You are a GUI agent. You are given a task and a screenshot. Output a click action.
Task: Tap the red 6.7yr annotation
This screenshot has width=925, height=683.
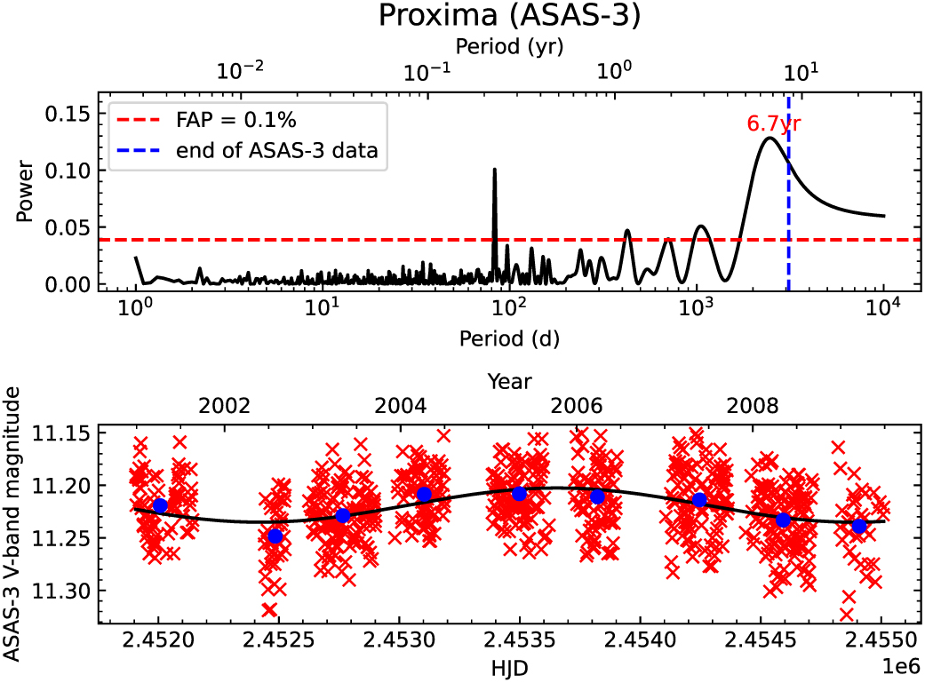[774, 123]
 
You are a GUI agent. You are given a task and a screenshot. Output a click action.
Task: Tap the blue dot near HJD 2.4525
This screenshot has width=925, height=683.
[275, 536]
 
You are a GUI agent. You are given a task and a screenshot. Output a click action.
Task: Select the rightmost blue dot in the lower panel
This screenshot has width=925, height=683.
[859, 526]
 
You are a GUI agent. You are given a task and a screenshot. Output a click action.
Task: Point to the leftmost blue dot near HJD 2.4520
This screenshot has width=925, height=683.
[160, 505]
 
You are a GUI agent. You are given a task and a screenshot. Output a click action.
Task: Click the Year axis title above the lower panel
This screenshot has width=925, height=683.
[509, 381]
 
